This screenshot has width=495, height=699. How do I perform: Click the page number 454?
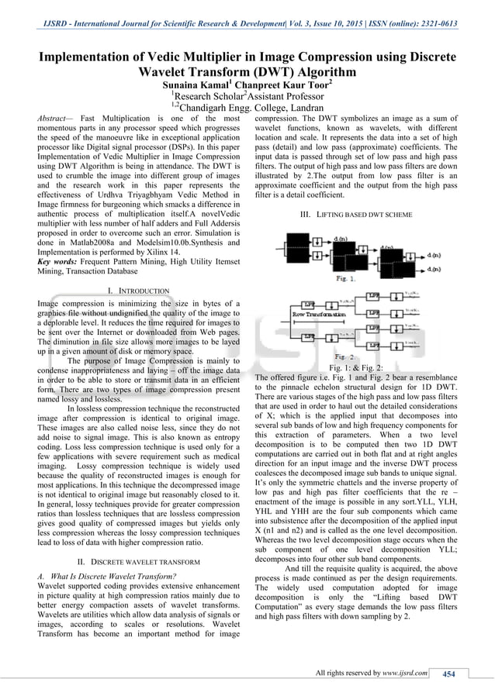pos(448,673)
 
